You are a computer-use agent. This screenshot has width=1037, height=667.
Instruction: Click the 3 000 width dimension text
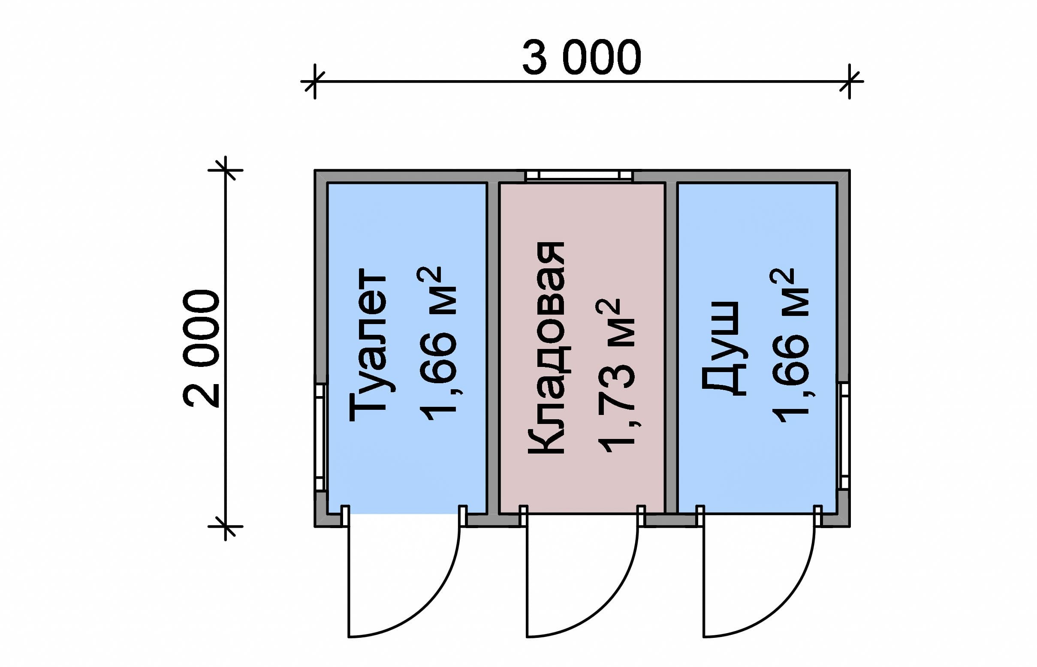pyautogui.click(x=581, y=57)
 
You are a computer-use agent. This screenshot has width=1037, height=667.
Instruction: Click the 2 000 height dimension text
pyautogui.click(x=201, y=348)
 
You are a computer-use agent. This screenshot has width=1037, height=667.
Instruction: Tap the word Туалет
pyautogui.click(x=368, y=345)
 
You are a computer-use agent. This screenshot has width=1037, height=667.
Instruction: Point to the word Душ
pyautogui.click(x=723, y=348)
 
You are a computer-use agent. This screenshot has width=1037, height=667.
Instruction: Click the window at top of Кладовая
pyautogui.click(x=579, y=175)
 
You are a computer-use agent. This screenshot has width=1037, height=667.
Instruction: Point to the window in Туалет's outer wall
pyautogui.click(x=320, y=437)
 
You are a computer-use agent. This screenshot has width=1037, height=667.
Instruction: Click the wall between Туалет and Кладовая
pyautogui.click(x=493, y=346)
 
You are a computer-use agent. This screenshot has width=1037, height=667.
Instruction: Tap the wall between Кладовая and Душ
pyautogui.click(x=671, y=346)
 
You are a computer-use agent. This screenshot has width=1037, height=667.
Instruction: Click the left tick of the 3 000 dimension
pyautogui.click(x=315, y=81)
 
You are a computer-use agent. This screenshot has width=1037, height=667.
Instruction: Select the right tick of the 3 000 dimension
pyautogui.click(x=849, y=81)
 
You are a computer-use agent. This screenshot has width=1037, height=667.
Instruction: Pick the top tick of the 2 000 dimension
pyautogui.click(x=225, y=170)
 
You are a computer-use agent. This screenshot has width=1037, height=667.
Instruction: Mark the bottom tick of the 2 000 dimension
pyautogui.click(x=225, y=527)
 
